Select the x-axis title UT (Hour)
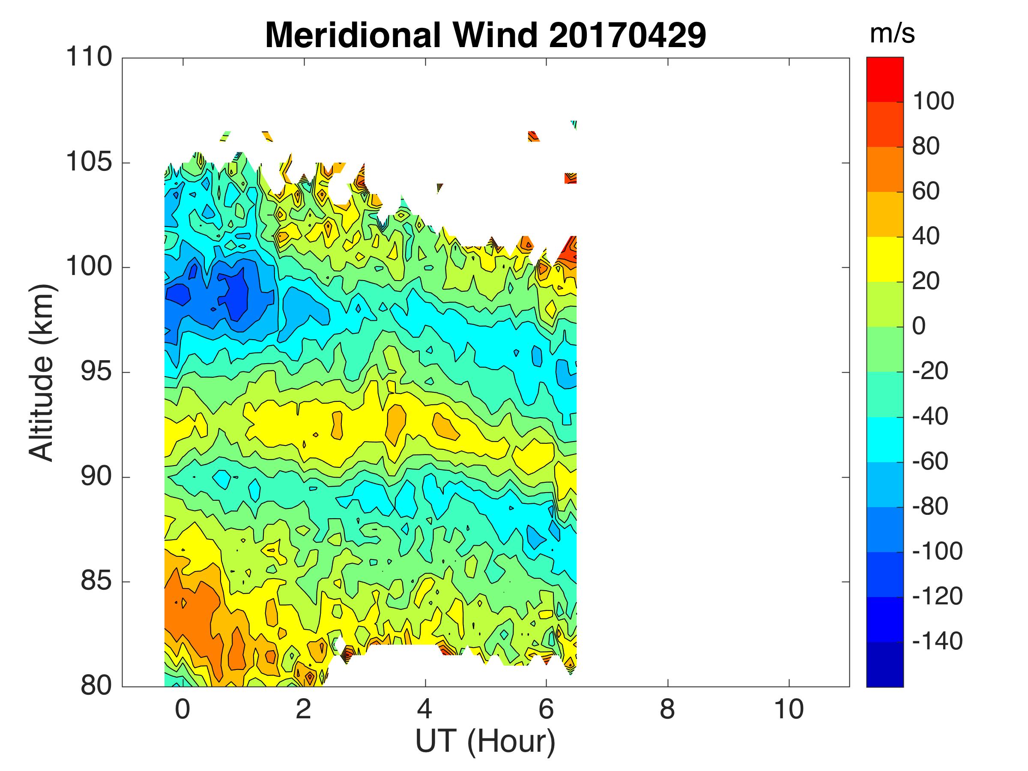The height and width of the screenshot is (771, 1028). (485, 742)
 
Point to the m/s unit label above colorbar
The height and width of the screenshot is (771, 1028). (892, 34)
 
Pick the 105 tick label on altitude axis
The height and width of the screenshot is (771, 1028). (89, 162)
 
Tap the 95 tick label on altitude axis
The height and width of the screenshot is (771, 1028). (96, 372)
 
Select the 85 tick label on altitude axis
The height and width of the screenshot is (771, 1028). (96, 581)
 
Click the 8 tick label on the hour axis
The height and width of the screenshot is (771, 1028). (667, 710)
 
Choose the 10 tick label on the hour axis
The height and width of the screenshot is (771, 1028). (789, 710)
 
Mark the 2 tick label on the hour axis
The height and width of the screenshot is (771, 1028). (303, 710)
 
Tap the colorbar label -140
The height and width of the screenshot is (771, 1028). (937, 641)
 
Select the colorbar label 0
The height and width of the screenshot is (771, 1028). (919, 326)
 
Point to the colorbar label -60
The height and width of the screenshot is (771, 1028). (930, 461)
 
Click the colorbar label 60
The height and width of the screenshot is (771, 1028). (926, 191)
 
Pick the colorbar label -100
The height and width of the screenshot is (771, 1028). (937, 552)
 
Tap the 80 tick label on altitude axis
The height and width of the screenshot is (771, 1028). (96, 685)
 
